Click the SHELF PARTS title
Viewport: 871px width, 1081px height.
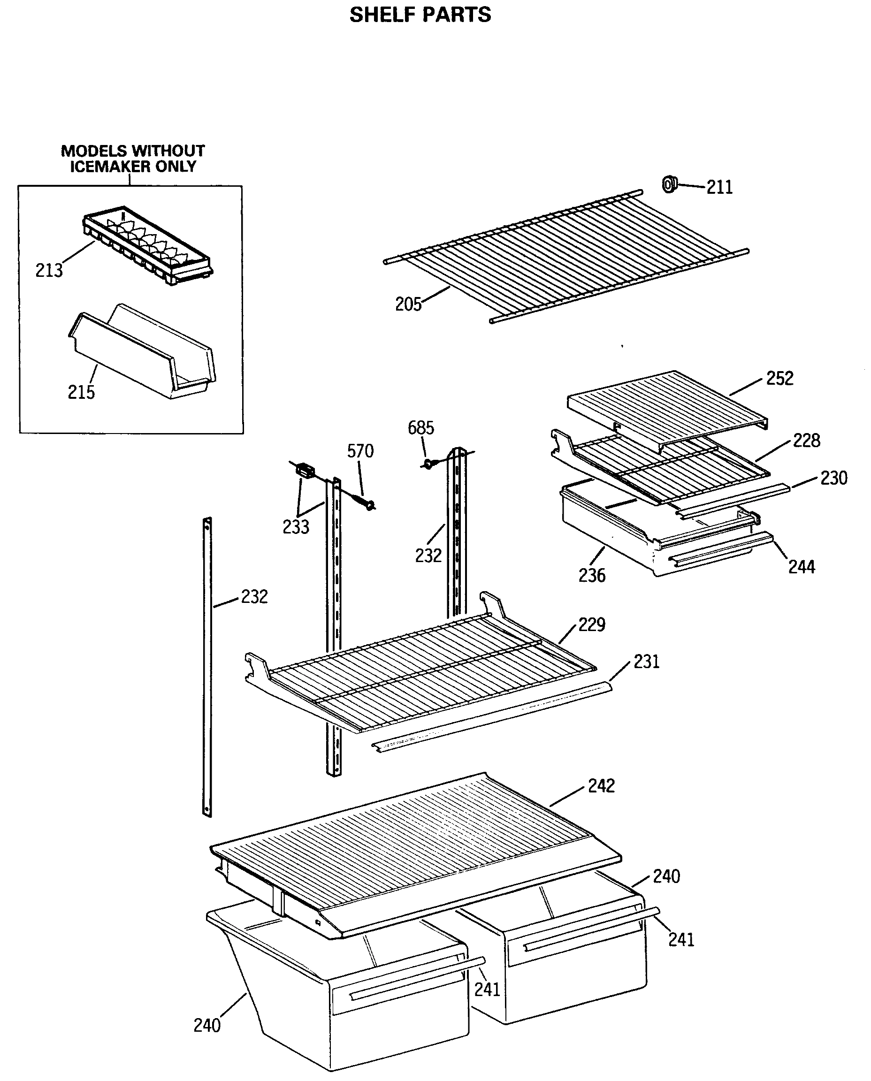(x=420, y=15)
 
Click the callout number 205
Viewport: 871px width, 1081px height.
(x=408, y=304)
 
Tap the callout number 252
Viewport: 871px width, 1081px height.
(x=779, y=378)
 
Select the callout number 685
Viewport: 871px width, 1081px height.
(x=420, y=428)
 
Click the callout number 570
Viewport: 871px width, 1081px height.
(x=360, y=451)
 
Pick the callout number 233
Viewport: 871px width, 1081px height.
(x=296, y=527)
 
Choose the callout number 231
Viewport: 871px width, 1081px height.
(x=646, y=662)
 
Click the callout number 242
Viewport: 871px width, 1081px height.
(x=601, y=785)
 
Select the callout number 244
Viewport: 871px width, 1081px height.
(x=801, y=567)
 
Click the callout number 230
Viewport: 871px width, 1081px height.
(x=833, y=478)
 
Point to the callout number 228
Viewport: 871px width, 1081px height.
(x=806, y=441)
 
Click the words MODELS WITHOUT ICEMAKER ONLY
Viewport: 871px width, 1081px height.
(x=133, y=159)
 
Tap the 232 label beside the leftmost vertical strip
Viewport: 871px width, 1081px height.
(x=254, y=596)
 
